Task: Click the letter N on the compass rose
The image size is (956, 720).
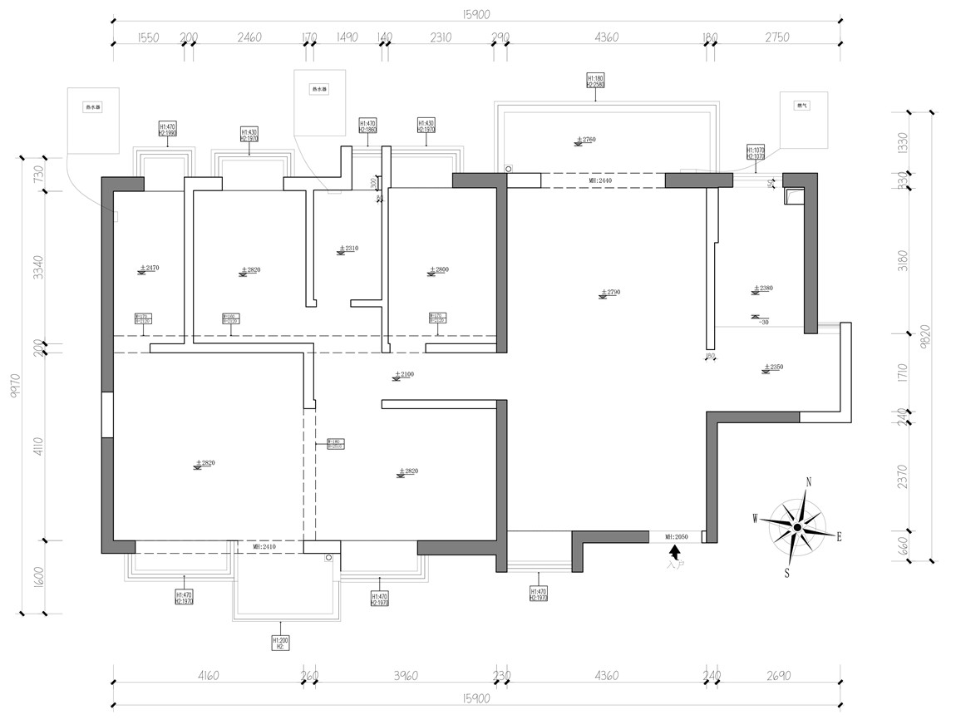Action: [x=809, y=481]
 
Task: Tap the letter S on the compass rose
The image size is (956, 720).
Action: [x=786, y=573]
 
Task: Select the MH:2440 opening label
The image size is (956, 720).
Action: [x=601, y=180]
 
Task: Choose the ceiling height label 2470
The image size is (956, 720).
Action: [x=150, y=269]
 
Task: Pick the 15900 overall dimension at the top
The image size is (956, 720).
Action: [x=476, y=13]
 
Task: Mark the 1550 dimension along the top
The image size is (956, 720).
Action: [x=147, y=37]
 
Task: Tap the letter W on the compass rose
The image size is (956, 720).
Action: [x=756, y=519]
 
